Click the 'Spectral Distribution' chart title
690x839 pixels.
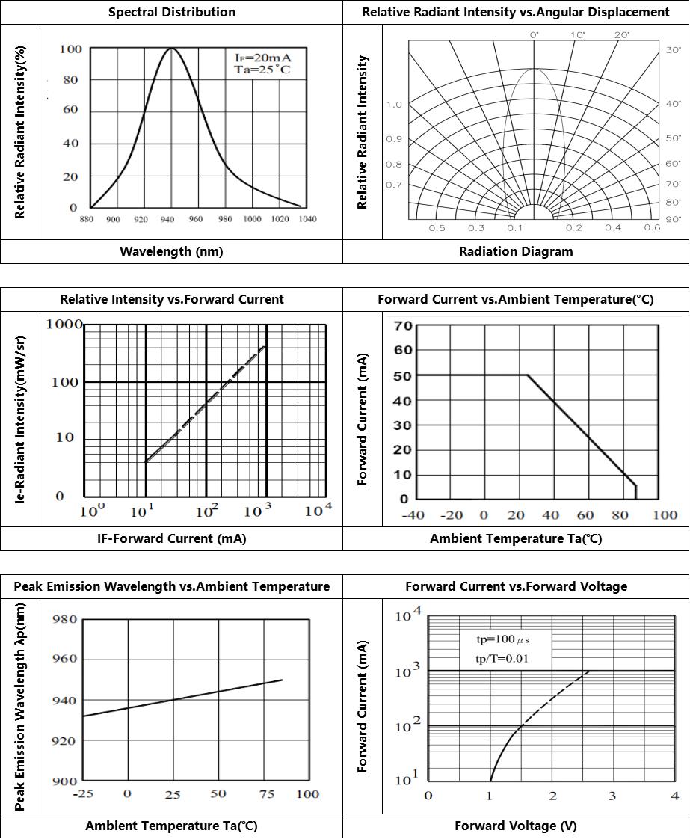(171, 12)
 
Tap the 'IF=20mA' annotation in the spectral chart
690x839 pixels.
(257, 57)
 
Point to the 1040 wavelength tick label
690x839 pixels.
(307, 219)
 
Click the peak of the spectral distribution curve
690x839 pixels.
(172, 49)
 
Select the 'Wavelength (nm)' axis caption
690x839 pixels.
(171, 251)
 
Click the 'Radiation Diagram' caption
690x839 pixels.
(516, 251)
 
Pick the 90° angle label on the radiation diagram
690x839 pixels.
(674, 219)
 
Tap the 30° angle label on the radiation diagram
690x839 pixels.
(674, 49)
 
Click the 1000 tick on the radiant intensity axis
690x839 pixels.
(64, 324)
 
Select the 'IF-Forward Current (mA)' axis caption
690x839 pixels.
(171, 538)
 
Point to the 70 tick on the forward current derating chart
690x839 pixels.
(403, 325)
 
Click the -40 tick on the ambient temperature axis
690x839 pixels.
(414, 514)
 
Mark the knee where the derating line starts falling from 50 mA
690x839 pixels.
(528, 375)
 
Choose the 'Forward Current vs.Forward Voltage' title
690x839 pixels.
(516, 586)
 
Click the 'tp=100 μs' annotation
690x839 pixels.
(503, 640)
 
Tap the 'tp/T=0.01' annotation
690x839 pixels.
(503, 658)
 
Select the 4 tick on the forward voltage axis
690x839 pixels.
(674, 795)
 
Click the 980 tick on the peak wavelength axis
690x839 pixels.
(64, 619)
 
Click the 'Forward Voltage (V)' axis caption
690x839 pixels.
(516, 826)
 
